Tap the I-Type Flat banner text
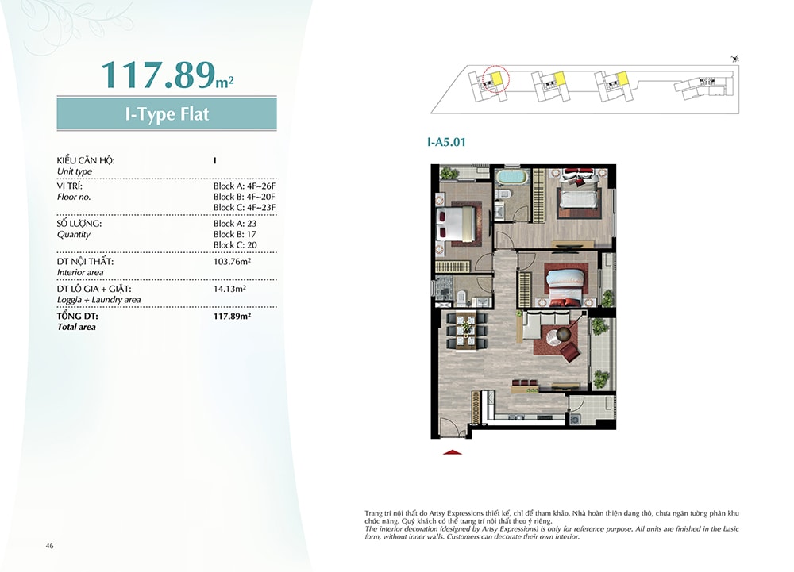tap(167, 113)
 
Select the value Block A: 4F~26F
tap(244, 186)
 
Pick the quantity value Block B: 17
tap(235, 234)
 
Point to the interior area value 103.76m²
tap(233, 262)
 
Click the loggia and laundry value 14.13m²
tap(230, 289)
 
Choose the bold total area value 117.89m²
tap(233, 316)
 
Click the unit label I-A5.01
tap(446, 142)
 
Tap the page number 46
tap(49, 546)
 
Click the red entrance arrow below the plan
tap(453, 452)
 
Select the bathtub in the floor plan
tap(512, 178)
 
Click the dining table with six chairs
tap(465, 332)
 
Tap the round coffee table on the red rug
tap(563, 335)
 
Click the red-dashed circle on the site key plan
tap(495, 79)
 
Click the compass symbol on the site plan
tap(735, 60)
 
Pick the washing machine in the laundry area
tap(576, 419)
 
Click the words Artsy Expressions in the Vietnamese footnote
tap(460, 513)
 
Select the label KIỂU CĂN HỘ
tap(86, 160)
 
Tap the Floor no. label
tap(74, 198)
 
